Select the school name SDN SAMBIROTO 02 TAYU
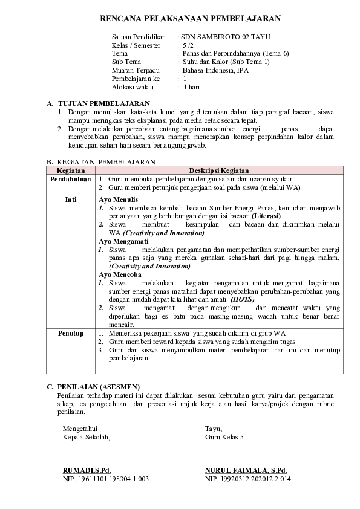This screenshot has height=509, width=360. [217, 37]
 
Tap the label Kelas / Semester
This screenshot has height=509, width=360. [136, 45]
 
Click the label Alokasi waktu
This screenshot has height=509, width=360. [130, 87]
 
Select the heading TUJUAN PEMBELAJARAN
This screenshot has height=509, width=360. [103, 104]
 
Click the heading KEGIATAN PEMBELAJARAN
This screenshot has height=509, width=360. [106, 162]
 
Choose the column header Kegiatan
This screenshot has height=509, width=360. [70, 170]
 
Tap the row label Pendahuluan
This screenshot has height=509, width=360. [70, 180]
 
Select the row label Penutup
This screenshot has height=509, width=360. [70, 333]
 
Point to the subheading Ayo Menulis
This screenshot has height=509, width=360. [118, 199]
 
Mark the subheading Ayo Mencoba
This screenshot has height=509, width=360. [120, 274]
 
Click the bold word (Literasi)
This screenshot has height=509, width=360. [266, 216]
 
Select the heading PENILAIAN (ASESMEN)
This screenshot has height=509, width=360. [98, 386]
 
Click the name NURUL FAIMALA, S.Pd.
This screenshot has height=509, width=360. [246, 470]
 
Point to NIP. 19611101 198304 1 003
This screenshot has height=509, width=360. [105, 478]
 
